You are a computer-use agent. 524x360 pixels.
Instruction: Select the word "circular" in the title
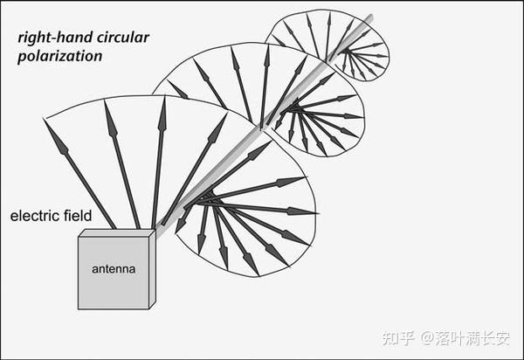pyautogui.click(x=122, y=38)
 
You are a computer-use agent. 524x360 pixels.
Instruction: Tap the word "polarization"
pyautogui.click(x=59, y=56)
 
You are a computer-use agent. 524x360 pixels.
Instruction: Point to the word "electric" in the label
pyautogui.click(x=34, y=216)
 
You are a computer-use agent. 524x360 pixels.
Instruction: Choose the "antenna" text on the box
pyautogui.click(x=114, y=269)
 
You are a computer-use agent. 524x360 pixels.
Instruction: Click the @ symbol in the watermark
pyautogui.click(x=427, y=339)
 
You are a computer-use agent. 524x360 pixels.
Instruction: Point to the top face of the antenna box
pyautogui.click(x=117, y=232)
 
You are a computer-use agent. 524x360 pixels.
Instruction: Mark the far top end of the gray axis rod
pyautogui.click(x=370, y=17)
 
